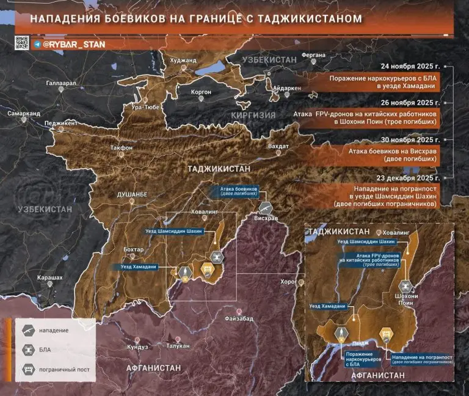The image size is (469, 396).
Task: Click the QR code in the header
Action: point(22,43)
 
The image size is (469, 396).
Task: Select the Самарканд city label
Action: point(24,114)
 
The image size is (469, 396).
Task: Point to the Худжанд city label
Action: point(184,60)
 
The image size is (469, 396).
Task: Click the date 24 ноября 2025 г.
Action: point(410,65)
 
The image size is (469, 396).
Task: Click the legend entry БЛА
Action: point(46,350)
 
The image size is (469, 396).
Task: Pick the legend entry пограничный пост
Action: point(67,369)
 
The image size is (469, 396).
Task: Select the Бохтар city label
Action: point(133,249)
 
